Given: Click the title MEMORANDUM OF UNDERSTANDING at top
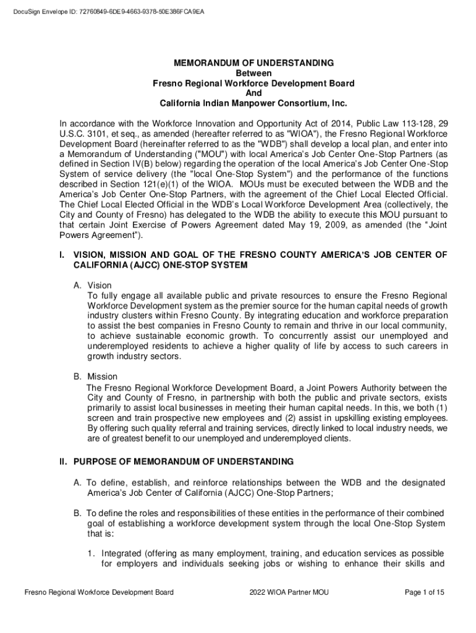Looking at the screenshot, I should tap(253, 63).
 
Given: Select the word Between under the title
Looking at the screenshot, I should tap(253, 73).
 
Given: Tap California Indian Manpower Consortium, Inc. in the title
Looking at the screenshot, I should tap(253, 103).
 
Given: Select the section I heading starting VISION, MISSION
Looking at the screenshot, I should tap(260, 254).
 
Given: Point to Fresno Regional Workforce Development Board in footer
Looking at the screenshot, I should tap(98, 593).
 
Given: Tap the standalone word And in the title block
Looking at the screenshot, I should tap(253, 93).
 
